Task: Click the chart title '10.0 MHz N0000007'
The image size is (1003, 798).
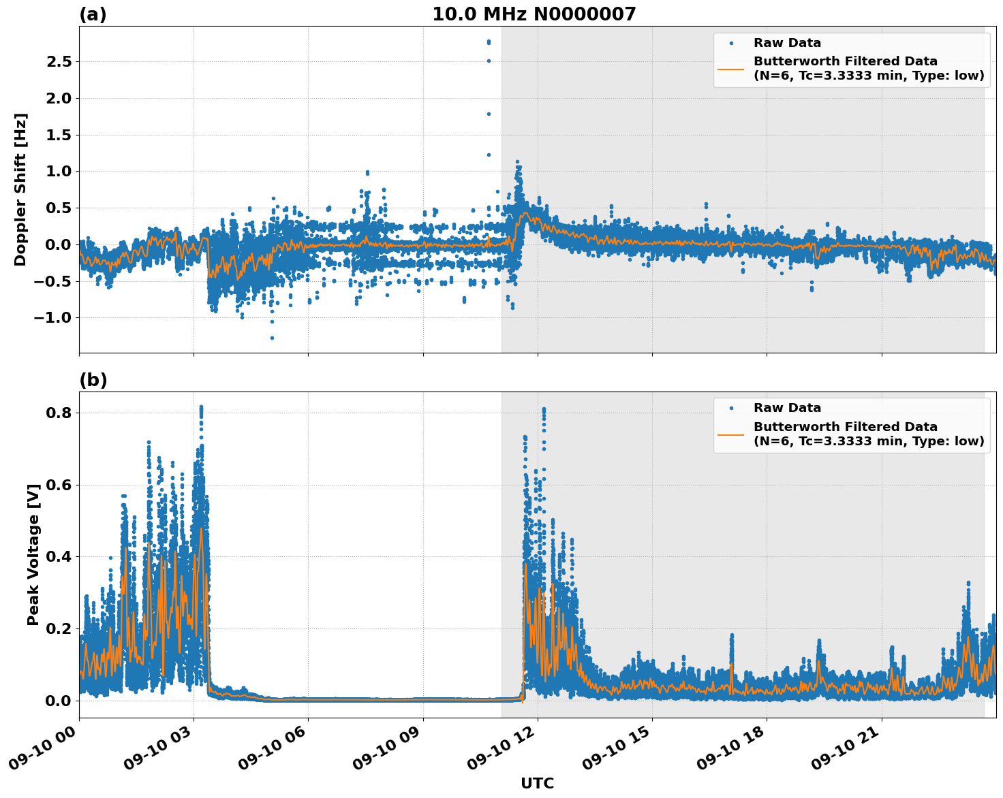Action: (x=534, y=14)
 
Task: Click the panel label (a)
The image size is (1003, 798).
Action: (x=93, y=14)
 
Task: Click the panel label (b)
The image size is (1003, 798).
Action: (x=93, y=380)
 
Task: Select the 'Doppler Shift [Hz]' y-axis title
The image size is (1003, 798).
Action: (x=20, y=189)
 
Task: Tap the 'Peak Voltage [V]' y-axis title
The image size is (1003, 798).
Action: (x=33, y=554)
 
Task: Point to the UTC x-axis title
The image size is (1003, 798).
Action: (x=537, y=783)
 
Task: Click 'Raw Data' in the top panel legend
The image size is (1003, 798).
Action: (x=787, y=43)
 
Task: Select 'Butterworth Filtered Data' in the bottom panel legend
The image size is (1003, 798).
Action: (x=845, y=427)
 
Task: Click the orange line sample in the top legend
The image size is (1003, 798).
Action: (x=731, y=68)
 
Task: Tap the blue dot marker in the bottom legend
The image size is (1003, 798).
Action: (x=731, y=409)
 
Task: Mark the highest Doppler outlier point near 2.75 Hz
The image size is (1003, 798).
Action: (x=489, y=42)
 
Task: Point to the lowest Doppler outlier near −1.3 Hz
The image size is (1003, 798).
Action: (x=272, y=338)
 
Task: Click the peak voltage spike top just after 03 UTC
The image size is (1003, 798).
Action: (x=201, y=407)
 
